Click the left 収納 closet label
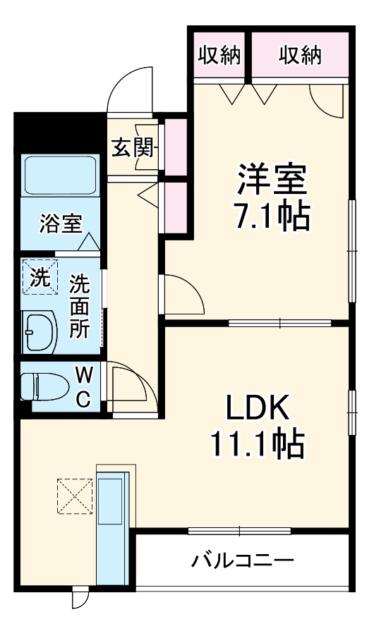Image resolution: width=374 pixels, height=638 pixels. pyautogui.click(x=219, y=54)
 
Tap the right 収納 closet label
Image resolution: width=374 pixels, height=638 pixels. pyautogui.click(x=299, y=54)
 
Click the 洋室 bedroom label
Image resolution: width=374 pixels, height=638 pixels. pyautogui.click(x=272, y=180)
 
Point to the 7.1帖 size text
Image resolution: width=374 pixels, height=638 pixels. pyautogui.click(x=272, y=217)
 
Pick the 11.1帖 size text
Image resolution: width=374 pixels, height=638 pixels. pyautogui.click(x=256, y=444)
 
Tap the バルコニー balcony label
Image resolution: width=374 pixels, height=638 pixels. pyautogui.click(x=242, y=561)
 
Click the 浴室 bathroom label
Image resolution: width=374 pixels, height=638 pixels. pyautogui.click(x=60, y=225)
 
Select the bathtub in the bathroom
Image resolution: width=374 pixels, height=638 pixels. pyautogui.click(x=60, y=176)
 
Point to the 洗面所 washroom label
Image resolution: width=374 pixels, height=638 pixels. pyautogui.click(x=79, y=307)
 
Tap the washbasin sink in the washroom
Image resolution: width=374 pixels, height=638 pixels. pyautogui.click(x=40, y=331)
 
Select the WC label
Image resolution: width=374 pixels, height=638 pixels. pyautogui.click(x=83, y=386)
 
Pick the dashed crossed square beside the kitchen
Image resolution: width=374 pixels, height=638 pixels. pyautogui.click(x=74, y=496)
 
